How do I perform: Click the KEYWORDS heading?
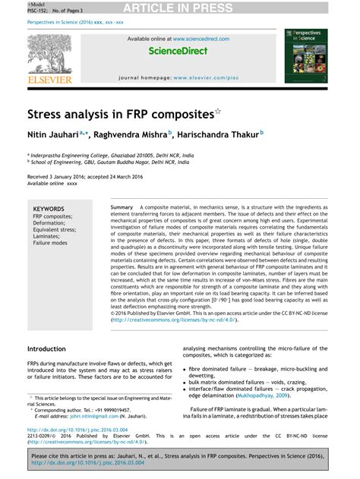click(x=49, y=208)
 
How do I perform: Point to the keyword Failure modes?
click(x=50, y=243)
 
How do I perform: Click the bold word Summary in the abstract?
click(x=122, y=207)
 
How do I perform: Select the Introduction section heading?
click(x=46, y=348)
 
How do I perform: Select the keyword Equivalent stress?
click(x=55, y=229)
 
